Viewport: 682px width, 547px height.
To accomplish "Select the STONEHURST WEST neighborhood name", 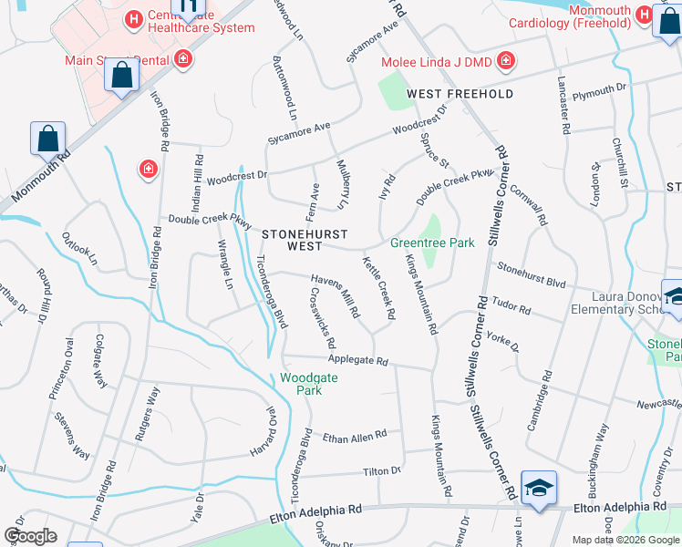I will tap(292, 241).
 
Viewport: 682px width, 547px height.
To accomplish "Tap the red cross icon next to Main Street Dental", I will tap(183, 60).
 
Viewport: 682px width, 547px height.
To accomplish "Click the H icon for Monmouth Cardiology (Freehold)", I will tap(644, 15).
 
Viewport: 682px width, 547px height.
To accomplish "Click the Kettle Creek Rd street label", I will tap(378, 288).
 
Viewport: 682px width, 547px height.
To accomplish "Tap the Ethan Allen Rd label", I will tap(356, 437).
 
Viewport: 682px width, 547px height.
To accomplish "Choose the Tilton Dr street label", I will tap(382, 470).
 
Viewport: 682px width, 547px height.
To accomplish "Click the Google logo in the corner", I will tap(30, 535).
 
